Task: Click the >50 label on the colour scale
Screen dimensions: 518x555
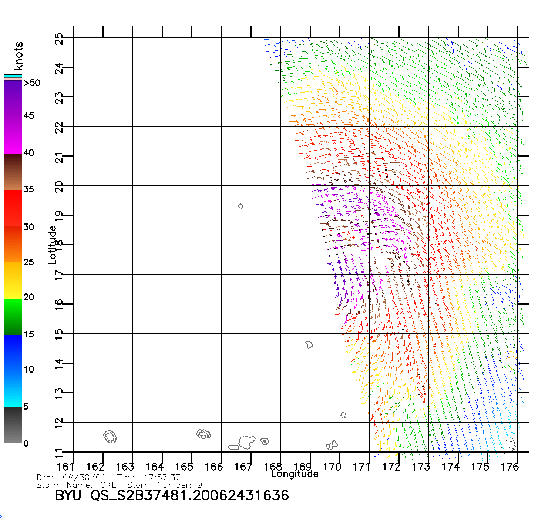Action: point(32,83)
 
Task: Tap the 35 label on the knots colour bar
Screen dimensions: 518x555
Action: point(28,189)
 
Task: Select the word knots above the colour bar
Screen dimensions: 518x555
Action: point(18,56)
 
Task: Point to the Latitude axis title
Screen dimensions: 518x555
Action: point(53,245)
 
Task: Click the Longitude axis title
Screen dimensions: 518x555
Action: point(295,474)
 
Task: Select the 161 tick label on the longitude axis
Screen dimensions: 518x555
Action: point(65,467)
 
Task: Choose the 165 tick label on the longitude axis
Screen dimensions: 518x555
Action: point(184,467)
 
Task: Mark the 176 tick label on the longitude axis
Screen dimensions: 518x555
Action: point(509,467)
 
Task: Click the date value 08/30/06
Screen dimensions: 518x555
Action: point(85,478)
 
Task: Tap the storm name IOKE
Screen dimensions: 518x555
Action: point(107,485)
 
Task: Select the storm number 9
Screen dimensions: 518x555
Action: point(200,485)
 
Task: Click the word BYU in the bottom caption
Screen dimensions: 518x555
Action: point(68,495)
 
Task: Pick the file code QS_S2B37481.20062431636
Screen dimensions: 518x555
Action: point(190,495)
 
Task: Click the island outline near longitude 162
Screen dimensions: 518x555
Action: point(110,437)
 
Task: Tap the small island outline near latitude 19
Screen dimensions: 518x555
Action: point(240,206)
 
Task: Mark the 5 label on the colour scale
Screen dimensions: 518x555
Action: point(26,406)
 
